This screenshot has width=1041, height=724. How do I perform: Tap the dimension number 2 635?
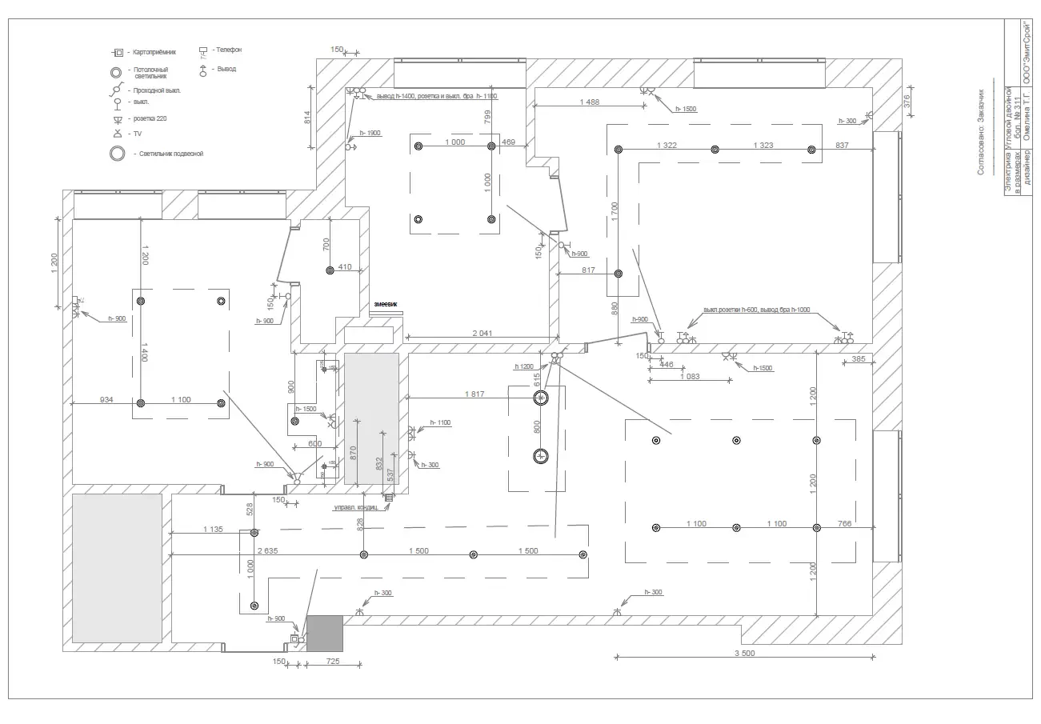266,550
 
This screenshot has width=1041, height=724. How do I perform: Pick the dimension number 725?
334,662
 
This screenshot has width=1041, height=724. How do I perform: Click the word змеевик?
386,305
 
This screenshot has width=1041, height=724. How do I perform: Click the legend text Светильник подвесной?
170,153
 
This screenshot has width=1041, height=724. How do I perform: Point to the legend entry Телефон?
227,50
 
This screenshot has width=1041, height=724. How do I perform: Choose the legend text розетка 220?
150,118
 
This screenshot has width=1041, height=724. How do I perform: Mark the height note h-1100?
440,422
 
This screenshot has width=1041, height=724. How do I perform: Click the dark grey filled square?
325,633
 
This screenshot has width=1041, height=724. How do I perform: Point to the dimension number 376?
907,101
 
